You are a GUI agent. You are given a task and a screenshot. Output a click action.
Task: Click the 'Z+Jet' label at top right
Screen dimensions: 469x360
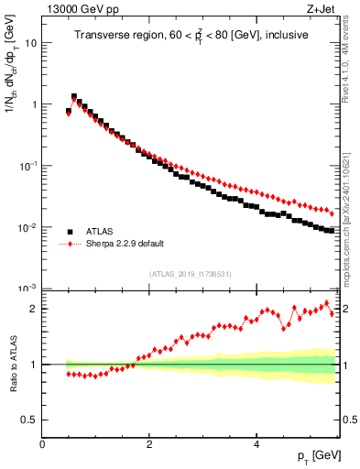pyautogui.click(x=322, y=9)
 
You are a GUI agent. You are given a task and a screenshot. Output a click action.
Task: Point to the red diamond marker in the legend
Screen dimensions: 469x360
pyautogui.click(x=70, y=245)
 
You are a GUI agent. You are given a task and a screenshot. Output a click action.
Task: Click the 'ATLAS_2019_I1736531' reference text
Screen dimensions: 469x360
pyautogui.click(x=190, y=274)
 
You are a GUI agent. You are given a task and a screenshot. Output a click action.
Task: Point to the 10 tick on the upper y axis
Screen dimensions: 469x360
pyautogui.click(x=31, y=43)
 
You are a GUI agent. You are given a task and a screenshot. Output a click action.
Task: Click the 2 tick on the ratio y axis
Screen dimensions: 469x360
pyautogui.click(x=34, y=309)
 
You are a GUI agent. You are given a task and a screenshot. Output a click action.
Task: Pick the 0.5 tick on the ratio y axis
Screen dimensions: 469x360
pyautogui.click(x=29, y=420)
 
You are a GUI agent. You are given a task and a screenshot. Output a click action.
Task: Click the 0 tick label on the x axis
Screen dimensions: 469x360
pyautogui.click(x=43, y=444)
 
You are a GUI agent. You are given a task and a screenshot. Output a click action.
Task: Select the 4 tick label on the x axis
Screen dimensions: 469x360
pyautogui.click(x=256, y=444)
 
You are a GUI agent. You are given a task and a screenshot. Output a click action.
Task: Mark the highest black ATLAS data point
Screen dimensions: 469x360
pyautogui.click(x=74, y=96)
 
